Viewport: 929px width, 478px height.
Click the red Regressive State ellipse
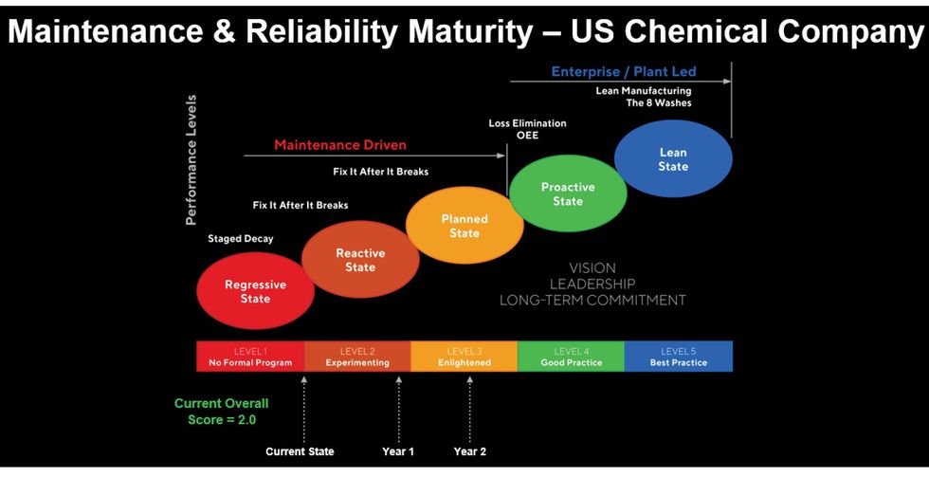click(255, 291)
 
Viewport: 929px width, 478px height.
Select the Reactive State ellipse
click(360, 260)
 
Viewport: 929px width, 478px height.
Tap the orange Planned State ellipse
click(464, 226)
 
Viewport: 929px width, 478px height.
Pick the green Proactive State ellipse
click(568, 193)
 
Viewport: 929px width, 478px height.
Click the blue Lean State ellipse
click(673, 159)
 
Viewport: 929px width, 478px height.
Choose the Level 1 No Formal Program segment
click(250, 357)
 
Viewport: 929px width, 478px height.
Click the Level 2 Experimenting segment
click(357, 357)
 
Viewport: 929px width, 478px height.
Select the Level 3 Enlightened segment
click(464, 357)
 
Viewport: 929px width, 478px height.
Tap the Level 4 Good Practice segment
click(571, 357)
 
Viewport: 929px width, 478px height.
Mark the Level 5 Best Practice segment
click(678, 357)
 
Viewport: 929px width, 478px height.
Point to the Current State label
click(300, 451)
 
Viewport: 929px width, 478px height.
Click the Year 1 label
click(398, 451)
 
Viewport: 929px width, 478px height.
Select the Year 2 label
click(470, 451)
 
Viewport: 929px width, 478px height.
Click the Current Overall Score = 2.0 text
click(222, 411)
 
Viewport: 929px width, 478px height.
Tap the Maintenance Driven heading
click(340, 145)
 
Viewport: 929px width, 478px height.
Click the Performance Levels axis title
click(191, 159)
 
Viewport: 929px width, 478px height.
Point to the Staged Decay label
click(241, 239)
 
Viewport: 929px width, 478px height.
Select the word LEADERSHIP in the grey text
click(592, 284)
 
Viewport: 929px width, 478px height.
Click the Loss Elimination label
click(527, 123)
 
